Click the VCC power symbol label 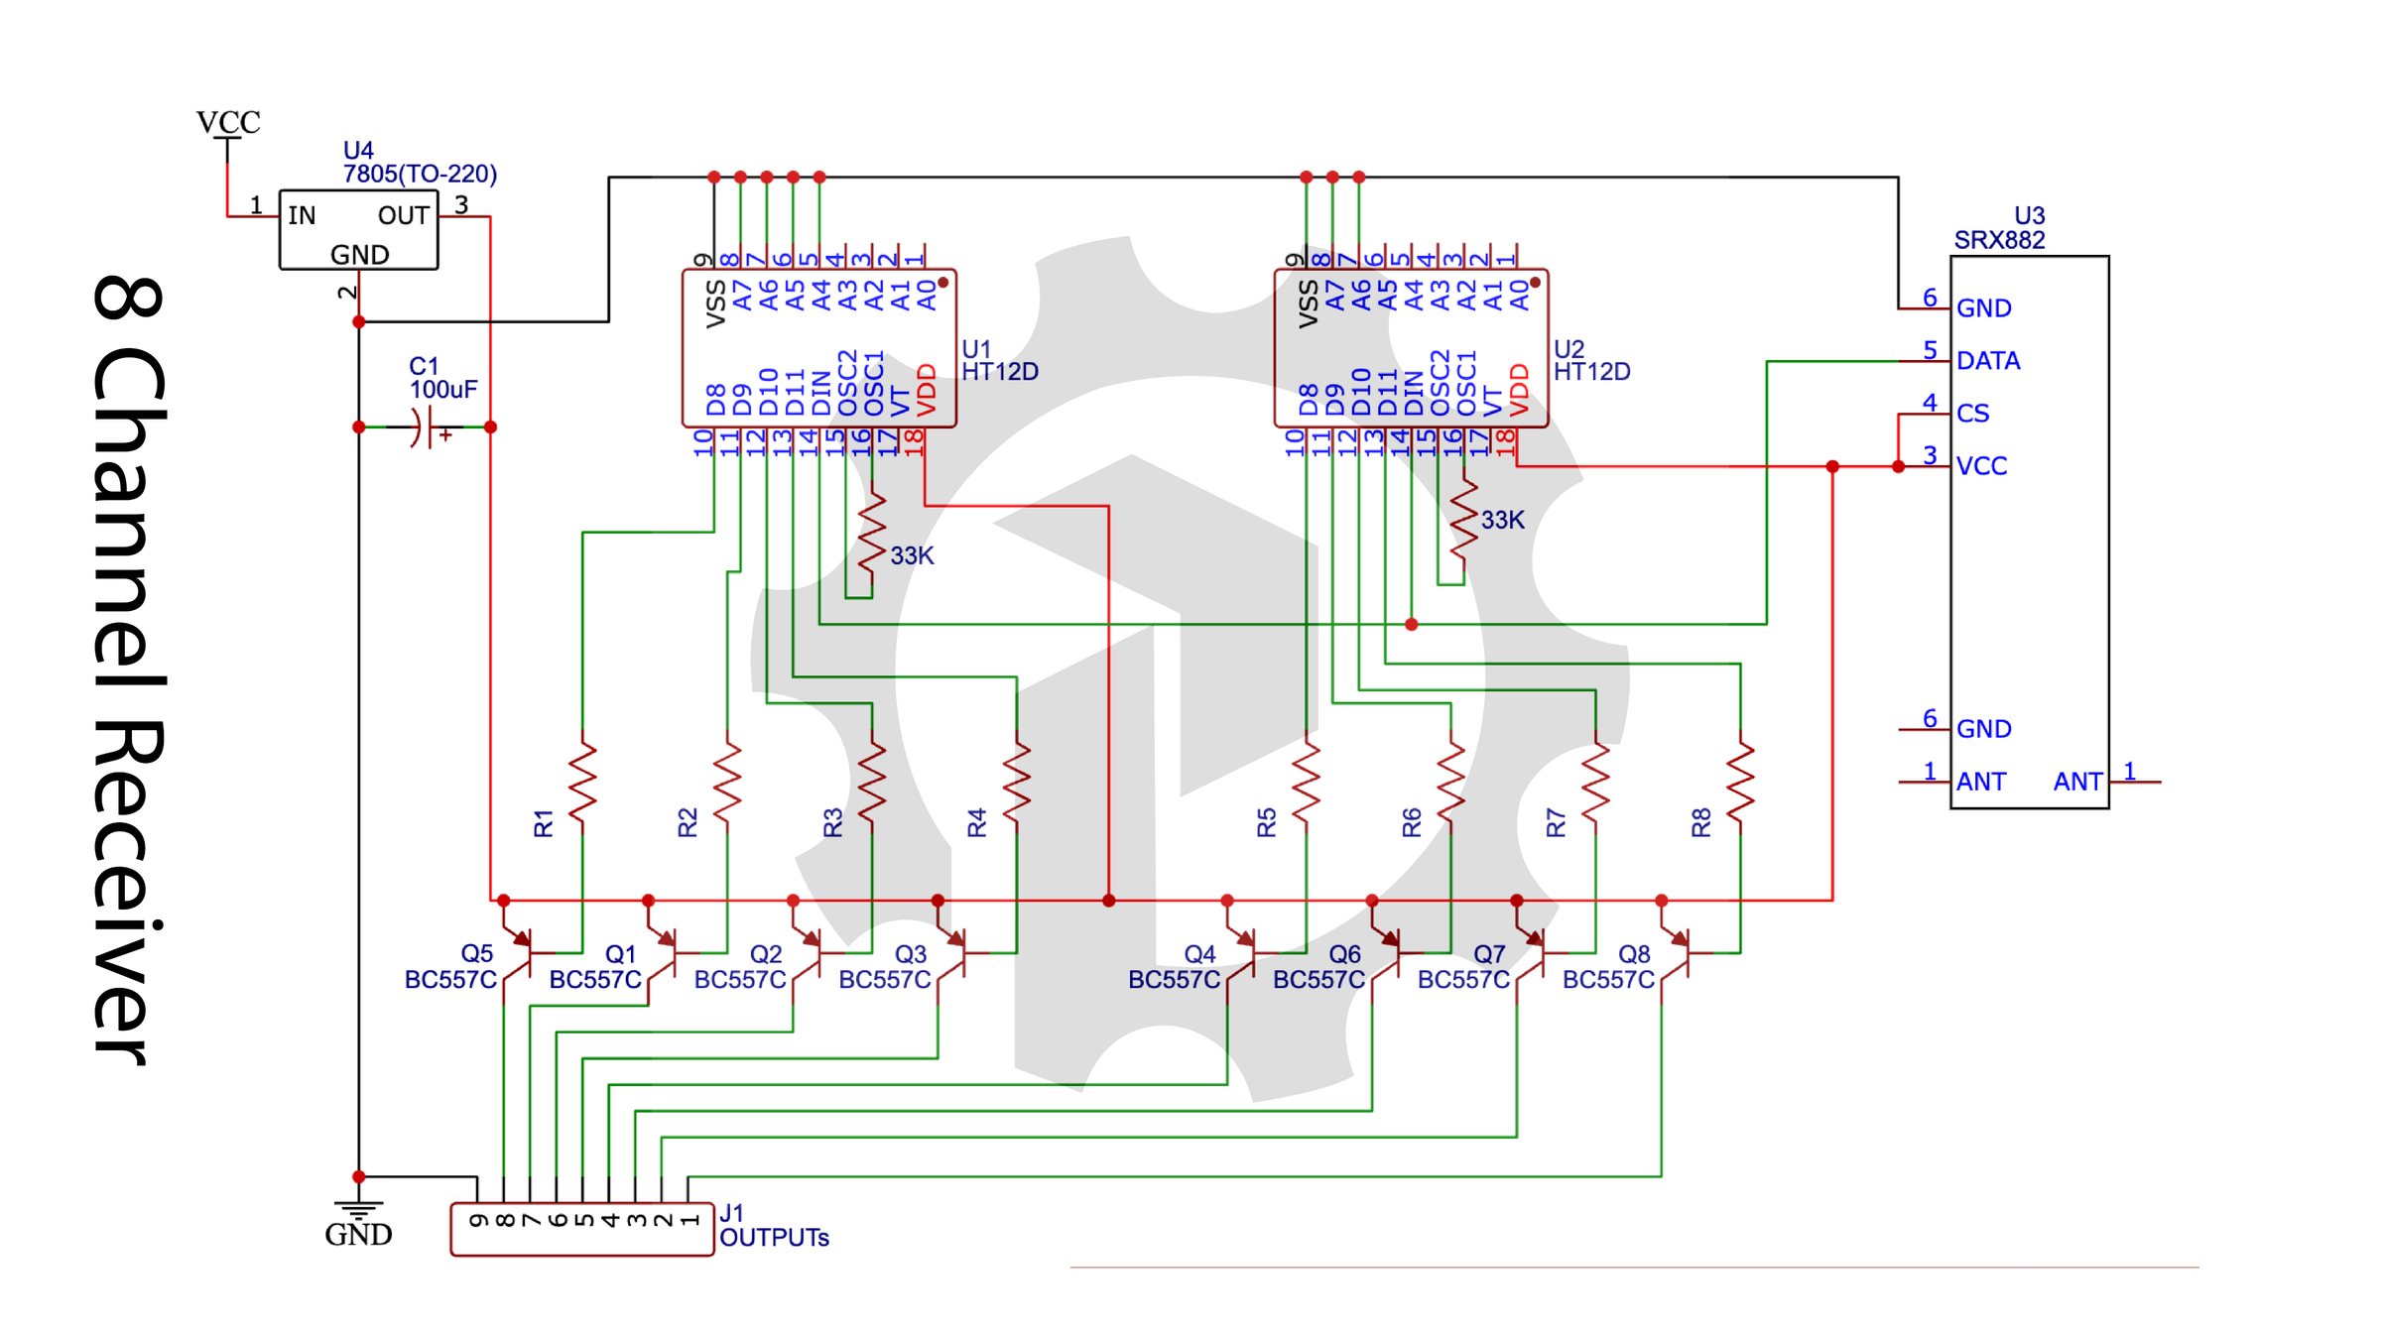pyautogui.click(x=228, y=122)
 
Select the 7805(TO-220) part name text pyautogui.click(x=420, y=174)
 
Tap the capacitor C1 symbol pyautogui.click(x=425, y=427)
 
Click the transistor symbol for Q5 pyautogui.click(x=521, y=953)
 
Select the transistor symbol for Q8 pyautogui.click(x=1679, y=953)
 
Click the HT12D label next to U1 pyautogui.click(x=1000, y=372)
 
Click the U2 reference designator pyautogui.click(x=1568, y=349)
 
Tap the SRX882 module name pyautogui.click(x=1999, y=240)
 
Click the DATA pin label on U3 pyautogui.click(x=1987, y=361)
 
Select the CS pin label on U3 pyautogui.click(x=1972, y=414)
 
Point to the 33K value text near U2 pyautogui.click(x=1502, y=520)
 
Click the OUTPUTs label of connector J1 pyautogui.click(x=774, y=1238)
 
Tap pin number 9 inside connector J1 pyautogui.click(x=478, y=1220)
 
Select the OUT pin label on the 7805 pyautogui.click(x=403, y=215)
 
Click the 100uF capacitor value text pyautogui.click(x=443, y=389)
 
